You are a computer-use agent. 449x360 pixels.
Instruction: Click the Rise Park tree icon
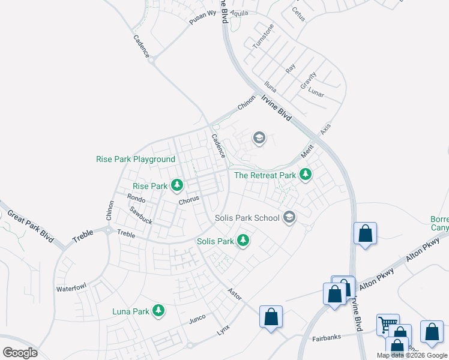176,186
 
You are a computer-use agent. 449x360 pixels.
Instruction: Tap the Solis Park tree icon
243,241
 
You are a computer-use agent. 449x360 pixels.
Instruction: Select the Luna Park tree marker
158,311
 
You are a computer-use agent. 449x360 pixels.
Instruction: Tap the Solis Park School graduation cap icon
290,217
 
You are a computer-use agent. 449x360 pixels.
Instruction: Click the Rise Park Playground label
136,160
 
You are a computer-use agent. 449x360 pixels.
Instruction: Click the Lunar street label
316,93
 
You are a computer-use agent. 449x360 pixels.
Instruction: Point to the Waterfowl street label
72,289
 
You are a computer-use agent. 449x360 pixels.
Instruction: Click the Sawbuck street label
141,216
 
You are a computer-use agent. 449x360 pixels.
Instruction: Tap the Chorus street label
188,202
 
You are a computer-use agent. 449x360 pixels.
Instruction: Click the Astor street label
234,292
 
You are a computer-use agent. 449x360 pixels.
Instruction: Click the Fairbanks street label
327,338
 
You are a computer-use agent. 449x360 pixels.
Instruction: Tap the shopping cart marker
387,325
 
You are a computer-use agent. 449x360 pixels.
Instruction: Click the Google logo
20,353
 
